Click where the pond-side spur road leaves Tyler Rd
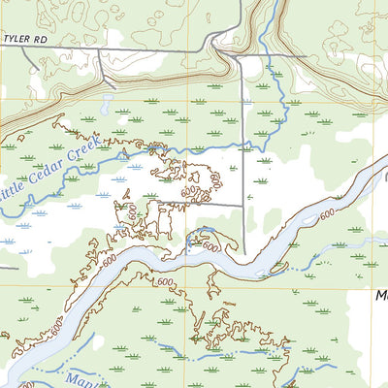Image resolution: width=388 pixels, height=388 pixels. click(99, 50)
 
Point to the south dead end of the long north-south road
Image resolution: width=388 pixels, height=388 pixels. click(242, 254)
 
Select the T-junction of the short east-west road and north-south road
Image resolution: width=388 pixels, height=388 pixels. click(242, 205)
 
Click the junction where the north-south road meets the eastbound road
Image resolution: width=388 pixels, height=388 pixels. click(239, 56)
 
